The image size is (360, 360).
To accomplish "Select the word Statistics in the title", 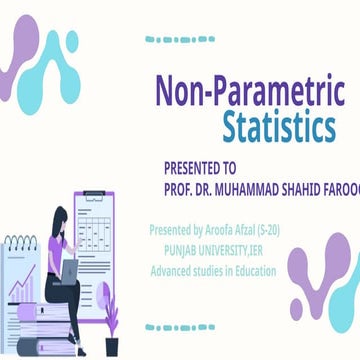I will [x=279, y=128].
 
